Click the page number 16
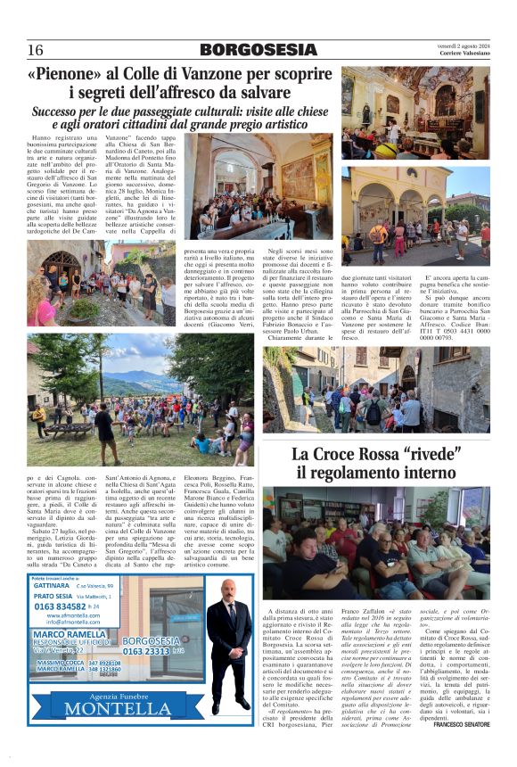point(36,50)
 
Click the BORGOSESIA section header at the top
point(258,50)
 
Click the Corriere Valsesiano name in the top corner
point(466,54)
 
